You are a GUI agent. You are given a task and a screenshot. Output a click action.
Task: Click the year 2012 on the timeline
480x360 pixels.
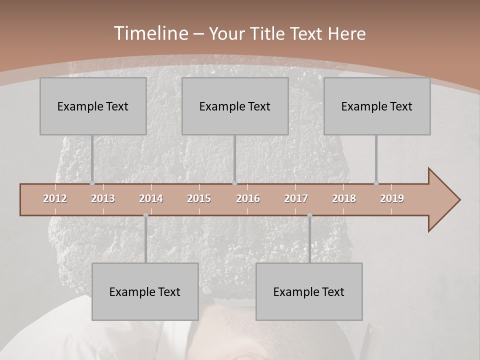pos(55,198)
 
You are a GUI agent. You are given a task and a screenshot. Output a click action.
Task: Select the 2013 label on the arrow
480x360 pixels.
pos(103,198)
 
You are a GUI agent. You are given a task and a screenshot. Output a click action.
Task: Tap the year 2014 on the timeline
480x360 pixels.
pos(151,198)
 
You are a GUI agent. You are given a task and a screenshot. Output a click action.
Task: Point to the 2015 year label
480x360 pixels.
pos(199,198)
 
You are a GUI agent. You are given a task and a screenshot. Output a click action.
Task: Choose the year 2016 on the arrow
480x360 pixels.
pos(248,198)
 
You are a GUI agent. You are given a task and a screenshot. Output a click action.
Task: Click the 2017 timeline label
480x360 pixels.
pos(296,198)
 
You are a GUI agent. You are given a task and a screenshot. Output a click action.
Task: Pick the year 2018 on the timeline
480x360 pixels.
pos(344,198)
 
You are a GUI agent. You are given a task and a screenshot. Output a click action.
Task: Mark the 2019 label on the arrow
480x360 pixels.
pos(392,198)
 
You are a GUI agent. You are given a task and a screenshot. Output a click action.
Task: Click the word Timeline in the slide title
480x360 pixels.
pos(150,33)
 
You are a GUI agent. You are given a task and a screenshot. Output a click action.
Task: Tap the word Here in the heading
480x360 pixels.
pos(346,33)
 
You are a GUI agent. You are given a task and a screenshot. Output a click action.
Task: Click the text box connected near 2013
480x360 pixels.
pos(93,106)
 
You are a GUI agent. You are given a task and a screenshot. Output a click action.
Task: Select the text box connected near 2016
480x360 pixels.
pos(235,106)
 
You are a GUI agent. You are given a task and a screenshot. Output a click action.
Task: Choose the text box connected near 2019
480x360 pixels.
pos(377,106)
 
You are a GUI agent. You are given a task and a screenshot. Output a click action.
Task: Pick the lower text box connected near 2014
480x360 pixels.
pos(145,291)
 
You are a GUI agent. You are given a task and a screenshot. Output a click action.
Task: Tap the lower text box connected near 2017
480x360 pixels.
pos(309,291)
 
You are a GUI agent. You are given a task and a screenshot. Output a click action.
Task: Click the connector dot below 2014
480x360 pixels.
pos(145,215)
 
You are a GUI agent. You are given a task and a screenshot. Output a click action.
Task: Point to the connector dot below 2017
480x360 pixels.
pos(309,215)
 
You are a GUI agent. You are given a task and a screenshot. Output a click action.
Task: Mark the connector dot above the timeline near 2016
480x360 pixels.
pos(235,183)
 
